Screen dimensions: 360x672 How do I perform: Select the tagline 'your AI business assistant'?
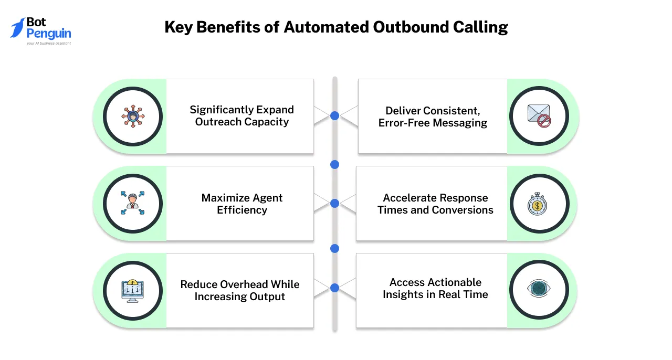(49, 44)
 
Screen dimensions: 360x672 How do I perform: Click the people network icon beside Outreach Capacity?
(132, 116)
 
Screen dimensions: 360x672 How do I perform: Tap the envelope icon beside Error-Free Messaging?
(539, 116)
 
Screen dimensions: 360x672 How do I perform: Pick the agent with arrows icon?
(132, 204)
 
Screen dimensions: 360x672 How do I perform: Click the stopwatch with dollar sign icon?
(539, 204)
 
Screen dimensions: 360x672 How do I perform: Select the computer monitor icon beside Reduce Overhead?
(132, 290)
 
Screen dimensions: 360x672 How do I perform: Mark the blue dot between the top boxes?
(334, 115)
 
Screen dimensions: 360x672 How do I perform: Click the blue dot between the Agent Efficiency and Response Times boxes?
(334, 203)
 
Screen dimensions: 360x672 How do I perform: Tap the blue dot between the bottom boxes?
(334, 288)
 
